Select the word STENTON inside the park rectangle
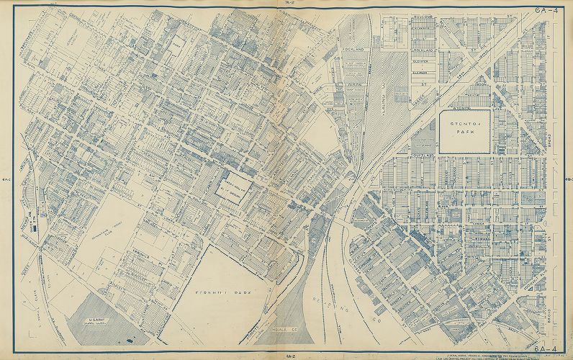(465, 125)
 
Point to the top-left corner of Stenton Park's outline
(439, 110)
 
